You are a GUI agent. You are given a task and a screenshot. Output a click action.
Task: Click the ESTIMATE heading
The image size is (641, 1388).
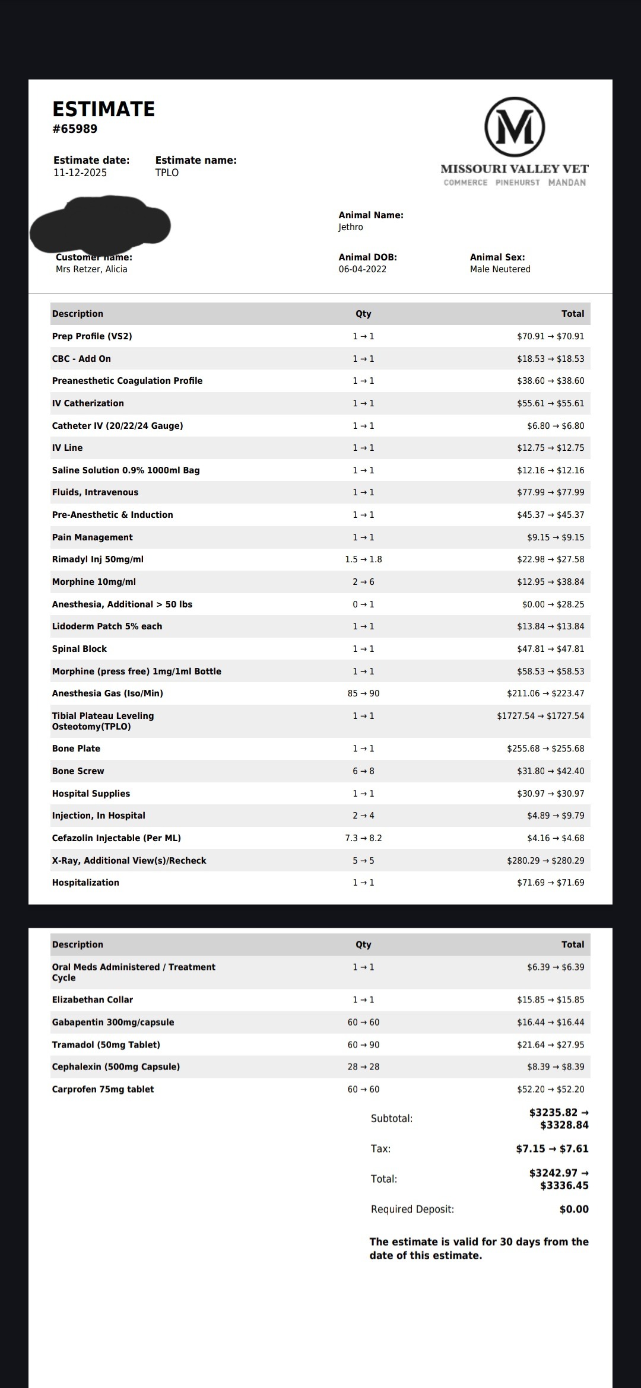104,109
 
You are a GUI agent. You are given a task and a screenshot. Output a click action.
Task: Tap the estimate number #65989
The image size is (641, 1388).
75,129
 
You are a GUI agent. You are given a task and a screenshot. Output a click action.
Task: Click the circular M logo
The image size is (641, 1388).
515,126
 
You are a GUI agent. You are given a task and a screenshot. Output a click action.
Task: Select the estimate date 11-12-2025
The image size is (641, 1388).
80,173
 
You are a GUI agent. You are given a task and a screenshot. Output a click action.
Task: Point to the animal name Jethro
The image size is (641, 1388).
351,227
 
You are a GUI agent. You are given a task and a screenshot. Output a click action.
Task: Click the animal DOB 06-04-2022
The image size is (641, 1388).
363,269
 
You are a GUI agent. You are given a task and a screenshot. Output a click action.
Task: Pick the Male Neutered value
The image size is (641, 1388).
500,269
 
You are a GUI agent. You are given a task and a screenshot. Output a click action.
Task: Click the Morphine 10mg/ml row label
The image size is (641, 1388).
94,582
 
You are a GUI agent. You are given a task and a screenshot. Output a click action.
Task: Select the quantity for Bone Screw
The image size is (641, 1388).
363,771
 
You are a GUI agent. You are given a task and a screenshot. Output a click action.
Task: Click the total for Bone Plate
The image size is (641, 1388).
545,749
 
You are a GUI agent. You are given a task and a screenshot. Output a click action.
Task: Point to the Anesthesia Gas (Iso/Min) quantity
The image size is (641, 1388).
363,693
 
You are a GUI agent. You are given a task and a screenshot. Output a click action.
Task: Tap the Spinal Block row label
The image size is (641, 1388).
80,649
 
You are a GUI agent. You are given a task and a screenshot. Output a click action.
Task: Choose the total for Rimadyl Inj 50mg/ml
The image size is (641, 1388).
550,559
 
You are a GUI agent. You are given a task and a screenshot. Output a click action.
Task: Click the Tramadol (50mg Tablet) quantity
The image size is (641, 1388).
363,1045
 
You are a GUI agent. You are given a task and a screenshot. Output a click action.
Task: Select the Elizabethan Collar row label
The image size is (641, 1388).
93,999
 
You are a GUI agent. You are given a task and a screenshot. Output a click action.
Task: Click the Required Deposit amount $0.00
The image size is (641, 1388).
574,1209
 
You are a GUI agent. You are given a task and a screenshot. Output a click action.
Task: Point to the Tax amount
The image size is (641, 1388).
552,1148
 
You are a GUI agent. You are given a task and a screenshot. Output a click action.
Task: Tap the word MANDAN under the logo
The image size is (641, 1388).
567,183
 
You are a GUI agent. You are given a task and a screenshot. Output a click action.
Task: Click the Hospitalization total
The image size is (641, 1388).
550,883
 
